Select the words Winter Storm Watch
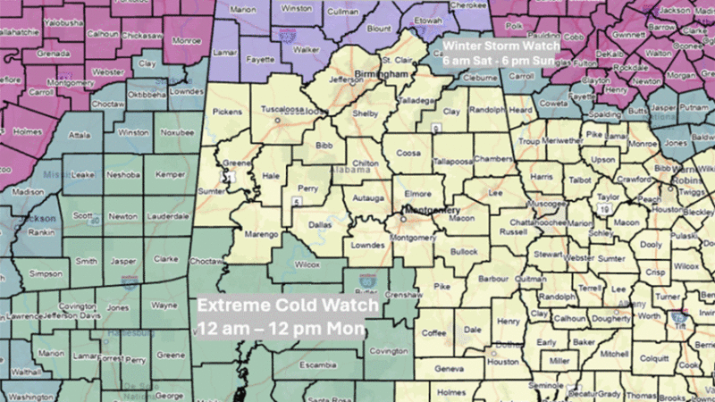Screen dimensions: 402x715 [501, 45]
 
